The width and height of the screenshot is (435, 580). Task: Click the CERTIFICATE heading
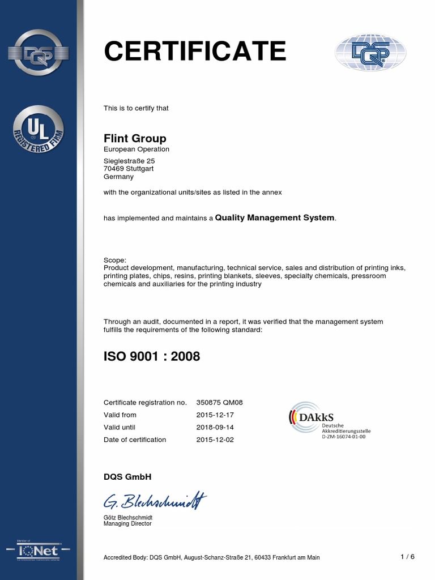[195, 52]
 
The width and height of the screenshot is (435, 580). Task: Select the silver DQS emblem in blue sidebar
[39, 53]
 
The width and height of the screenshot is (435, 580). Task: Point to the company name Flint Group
[135, 138]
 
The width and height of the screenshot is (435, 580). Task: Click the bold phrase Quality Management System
[275, 217]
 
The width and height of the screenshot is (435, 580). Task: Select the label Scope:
[115, 259]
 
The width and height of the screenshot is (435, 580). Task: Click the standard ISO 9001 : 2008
[152, 357]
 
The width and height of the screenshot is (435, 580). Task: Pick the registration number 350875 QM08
[220, 402]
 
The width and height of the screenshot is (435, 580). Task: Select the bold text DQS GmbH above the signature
[127, 476]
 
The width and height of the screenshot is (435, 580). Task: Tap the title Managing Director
[127, 524]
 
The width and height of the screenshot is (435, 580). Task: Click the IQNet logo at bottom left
[39, 551]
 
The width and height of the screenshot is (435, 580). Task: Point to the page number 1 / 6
[407, 557]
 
